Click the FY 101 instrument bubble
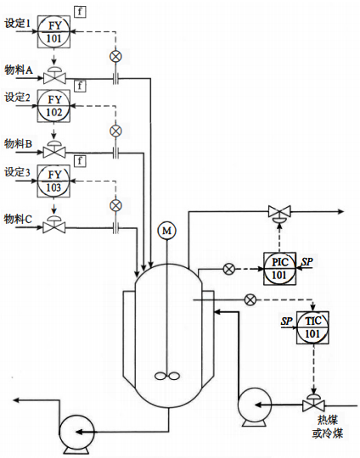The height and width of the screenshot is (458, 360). [x=54, y=32]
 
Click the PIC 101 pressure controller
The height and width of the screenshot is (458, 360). [x=278, y=268]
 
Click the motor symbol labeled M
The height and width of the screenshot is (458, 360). [x=166, y=230]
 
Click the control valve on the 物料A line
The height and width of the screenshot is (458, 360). [x=54, y=78]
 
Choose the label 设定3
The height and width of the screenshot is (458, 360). [x=17, y=172]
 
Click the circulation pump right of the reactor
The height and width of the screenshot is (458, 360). [x=254, y=405]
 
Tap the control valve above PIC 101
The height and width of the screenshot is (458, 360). [x=278, y=213]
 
